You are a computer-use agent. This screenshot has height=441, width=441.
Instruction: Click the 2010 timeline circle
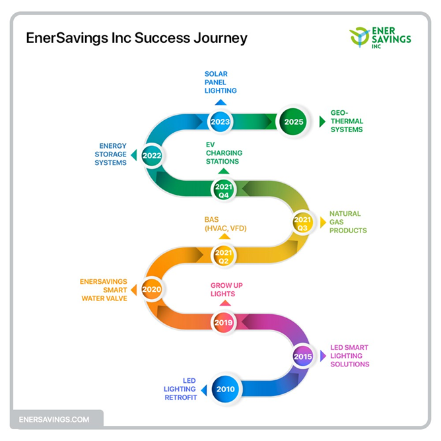[226, 389]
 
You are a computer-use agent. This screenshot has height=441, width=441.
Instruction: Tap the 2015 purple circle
[302, 356]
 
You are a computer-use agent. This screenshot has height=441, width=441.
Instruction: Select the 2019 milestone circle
[224, 322]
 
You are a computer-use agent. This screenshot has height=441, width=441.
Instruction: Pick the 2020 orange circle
[152, 289]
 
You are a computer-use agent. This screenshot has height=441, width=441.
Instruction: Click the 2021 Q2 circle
[224, 256]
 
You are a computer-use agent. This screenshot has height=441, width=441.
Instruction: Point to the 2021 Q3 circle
[302, 222]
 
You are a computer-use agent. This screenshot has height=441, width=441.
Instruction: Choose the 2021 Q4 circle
[224, 190]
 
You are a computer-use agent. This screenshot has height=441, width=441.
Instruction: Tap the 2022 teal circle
[152, 156]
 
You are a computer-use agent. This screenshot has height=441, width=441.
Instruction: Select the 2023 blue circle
[220, 121]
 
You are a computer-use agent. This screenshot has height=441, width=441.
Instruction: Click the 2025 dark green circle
[293, 121]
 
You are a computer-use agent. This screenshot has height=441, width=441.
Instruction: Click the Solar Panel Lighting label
[220, 82]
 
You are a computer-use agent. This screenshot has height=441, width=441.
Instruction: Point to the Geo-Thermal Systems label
[347, 121]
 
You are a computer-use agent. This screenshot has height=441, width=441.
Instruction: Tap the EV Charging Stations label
[224, 153]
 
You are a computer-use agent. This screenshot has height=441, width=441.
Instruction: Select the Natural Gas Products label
[348, 222]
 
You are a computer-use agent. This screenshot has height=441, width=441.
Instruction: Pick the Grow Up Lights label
[226, 289]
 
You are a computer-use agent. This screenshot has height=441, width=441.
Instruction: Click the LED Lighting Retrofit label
[180, 389]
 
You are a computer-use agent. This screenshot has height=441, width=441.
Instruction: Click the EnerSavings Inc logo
[380, 38]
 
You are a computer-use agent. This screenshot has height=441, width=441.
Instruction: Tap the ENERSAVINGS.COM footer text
[54, 419]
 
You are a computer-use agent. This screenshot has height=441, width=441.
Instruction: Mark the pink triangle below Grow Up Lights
[225, 303]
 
